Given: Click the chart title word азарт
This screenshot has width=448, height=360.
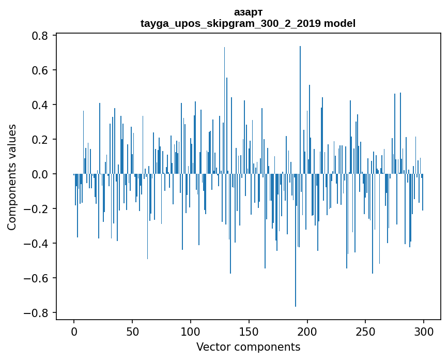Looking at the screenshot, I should pos(248,12).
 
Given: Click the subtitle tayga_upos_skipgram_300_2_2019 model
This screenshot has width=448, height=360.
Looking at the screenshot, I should pos(248,23).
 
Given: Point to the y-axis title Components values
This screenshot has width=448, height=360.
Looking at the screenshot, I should pos(12,176).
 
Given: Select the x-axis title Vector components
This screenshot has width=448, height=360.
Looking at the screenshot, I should pos(248,347).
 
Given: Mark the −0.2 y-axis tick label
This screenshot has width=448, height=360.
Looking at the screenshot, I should pos(37,209).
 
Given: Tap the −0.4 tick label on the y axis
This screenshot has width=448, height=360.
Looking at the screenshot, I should pos(37,244).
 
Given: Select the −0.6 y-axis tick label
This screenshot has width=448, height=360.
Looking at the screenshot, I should pos(37,278).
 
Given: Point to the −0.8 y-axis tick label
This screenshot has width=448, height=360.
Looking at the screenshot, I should pos(37,313).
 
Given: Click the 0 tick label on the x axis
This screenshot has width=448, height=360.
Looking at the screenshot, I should pos(74,332).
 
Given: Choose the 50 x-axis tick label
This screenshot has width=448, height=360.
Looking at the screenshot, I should pos(132,332).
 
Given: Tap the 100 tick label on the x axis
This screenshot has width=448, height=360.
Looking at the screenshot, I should pos(191,332).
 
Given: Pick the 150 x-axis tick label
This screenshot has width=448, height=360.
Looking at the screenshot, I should pos(249,332).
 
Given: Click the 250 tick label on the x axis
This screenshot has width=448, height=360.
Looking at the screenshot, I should pos(365,332).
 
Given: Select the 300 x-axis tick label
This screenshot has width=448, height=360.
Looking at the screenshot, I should pos(424,332).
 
